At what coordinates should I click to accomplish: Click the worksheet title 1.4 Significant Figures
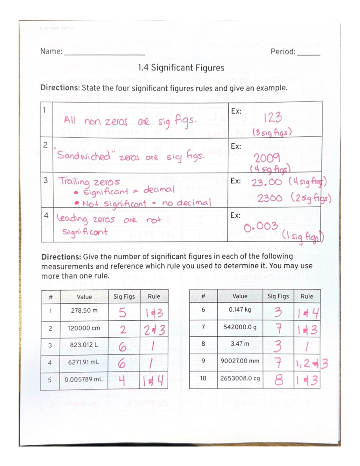point(181,68)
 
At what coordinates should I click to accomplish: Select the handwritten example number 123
point(272,117)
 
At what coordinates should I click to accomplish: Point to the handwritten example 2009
point(267,158)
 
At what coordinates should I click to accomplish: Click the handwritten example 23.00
point(266,182)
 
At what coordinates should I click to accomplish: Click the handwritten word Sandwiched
point(84,155)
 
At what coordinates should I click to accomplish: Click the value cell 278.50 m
point(84,311)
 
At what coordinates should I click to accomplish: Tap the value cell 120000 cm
point(84,328)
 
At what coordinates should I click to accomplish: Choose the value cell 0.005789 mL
point(83,379)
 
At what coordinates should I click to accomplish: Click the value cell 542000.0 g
point(240,327)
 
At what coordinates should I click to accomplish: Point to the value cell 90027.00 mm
point(240,361)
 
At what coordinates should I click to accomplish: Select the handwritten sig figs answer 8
point(278,380)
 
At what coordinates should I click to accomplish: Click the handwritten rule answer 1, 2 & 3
point(311,363)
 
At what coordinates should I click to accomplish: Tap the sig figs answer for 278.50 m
point(122,313)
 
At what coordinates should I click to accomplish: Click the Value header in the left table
point(84,297)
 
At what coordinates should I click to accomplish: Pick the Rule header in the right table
point(307,296)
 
